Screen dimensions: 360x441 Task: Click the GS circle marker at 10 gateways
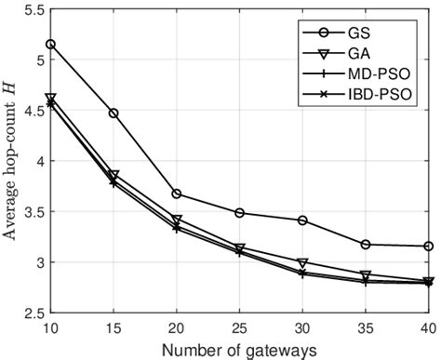point(50,44)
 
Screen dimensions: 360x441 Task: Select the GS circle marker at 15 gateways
point(114,113)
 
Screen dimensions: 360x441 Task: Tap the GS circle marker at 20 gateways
point(176,193)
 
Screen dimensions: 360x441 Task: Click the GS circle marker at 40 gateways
point(428,246)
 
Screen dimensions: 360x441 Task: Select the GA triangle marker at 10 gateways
point(50,98)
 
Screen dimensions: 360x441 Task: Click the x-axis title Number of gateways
point(239,349)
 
